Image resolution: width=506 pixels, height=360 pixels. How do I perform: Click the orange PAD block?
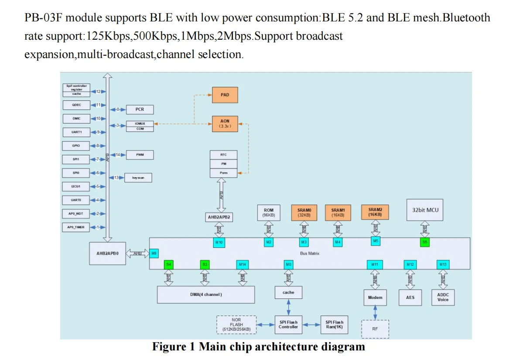(225, 95)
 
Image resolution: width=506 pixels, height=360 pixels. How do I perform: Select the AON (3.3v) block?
(225, 123)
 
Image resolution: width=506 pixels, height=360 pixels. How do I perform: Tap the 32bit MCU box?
(425, 210)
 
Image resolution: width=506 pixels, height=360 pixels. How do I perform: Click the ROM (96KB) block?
(269, 213)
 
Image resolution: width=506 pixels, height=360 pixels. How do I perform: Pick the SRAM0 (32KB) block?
(304, 213)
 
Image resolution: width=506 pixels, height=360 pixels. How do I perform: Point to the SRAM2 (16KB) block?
(375, 212)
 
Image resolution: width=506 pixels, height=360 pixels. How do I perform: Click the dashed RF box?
(375, 329)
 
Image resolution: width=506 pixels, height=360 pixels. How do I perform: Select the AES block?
(410, 298)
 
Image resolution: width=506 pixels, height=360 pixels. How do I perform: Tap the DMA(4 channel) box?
(205, 295)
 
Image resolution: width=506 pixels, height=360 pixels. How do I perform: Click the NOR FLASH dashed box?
(236, 325)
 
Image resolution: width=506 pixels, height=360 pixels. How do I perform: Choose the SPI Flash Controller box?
(288, 324)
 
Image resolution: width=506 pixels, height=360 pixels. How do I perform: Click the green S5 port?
(425, 241)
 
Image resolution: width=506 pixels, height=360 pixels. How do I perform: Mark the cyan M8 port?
(154, 253)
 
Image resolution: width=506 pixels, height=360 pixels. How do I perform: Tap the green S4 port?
(169, 264)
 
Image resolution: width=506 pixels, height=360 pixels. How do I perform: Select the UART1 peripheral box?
(76, 132)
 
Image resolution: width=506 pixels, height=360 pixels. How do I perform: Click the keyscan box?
(138, 178)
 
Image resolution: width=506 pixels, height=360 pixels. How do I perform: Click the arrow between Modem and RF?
(375, 312)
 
